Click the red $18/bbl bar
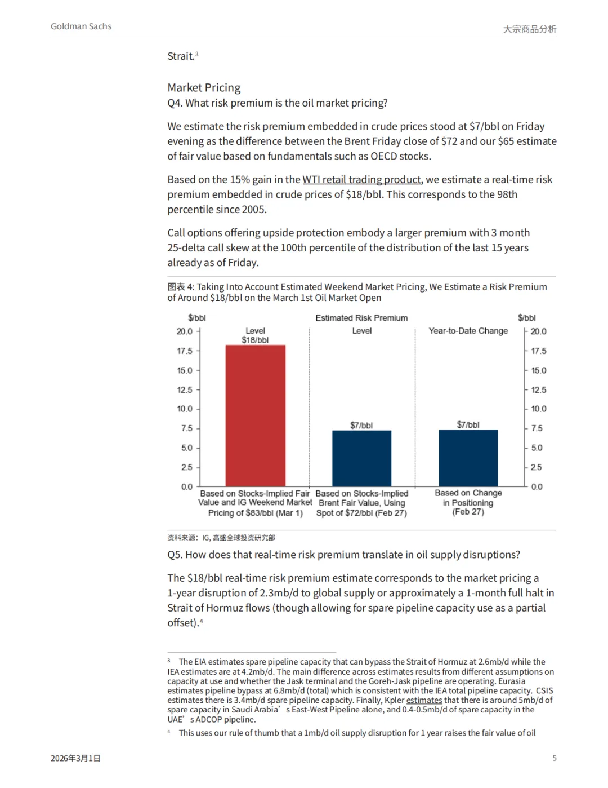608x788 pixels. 255,415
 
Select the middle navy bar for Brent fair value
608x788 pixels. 361,458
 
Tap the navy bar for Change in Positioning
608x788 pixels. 468,458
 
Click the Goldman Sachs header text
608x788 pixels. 81,26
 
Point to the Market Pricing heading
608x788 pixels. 204,87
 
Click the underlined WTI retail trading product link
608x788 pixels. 362,179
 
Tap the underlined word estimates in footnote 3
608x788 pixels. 424,700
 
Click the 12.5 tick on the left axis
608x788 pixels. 185,389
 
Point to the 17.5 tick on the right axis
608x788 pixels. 539,351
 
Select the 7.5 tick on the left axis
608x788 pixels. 186,428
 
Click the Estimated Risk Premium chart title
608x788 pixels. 361,318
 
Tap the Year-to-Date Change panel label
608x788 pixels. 468,331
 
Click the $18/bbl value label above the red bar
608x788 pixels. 255,340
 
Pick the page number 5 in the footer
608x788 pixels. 555,758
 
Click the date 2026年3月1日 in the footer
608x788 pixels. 75,758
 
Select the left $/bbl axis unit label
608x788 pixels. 197,318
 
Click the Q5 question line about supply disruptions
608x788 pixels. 343,555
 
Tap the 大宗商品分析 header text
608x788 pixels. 529,29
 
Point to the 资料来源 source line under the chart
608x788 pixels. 221,538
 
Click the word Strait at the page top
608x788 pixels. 181,56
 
